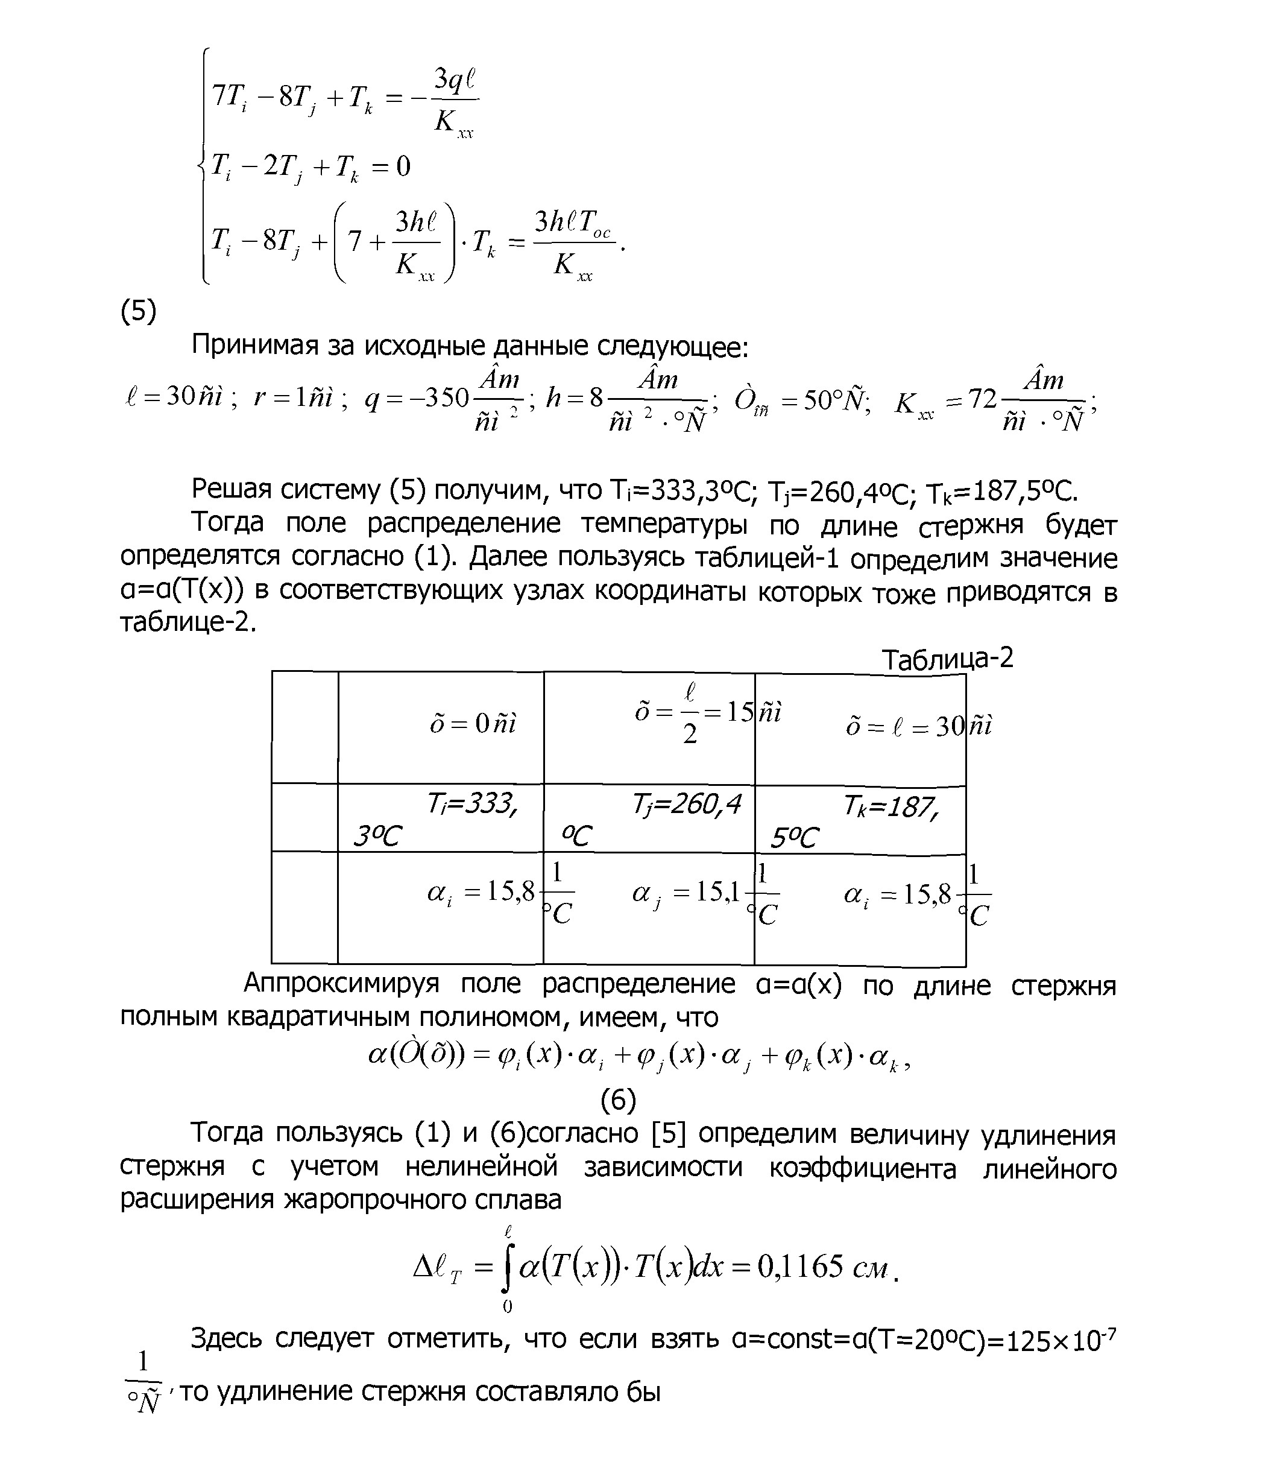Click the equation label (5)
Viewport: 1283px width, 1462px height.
coord(138,312)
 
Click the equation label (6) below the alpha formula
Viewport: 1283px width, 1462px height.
coord(618,1100)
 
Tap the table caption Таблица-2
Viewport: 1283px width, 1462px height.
coord(947,659)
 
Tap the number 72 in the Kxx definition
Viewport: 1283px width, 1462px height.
coord(982,399)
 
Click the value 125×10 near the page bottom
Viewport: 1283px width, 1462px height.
coord(1053,1340)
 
